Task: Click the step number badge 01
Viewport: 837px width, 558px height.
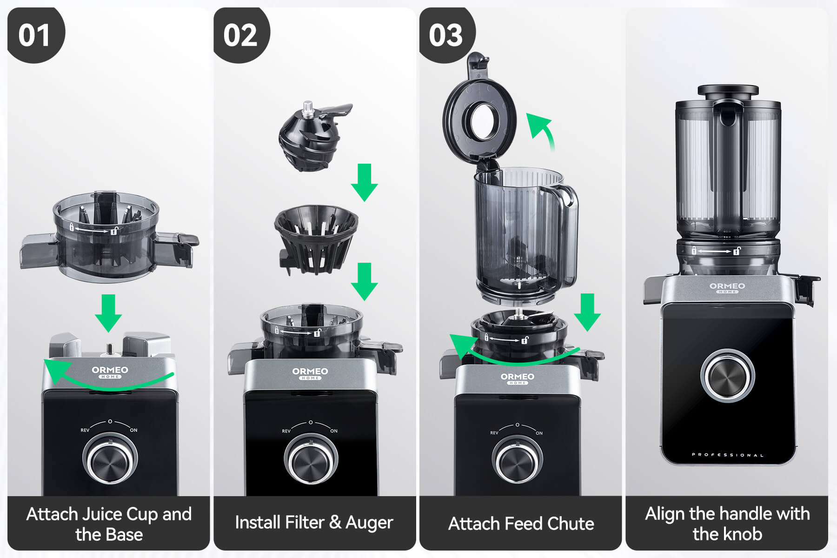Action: (x=35, y=35)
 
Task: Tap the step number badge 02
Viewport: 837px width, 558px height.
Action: (x=241, y=35)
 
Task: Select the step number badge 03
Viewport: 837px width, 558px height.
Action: (x=447, y=35)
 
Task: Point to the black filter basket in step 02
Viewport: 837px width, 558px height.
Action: (x=316, y=239)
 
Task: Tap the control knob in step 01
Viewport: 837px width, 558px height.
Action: (x=110, y=459)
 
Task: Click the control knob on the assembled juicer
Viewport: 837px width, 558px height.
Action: (x=727, y=376)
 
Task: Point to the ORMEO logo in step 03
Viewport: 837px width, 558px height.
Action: (x=518, y=378)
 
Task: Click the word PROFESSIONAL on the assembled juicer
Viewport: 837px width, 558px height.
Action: (x=727, y=455)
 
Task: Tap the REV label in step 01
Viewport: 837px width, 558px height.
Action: (x=85, y=430)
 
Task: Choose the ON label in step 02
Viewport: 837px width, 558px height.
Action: (x=334, y=431)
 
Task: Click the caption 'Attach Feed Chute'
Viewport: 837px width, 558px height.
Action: (x=521, y=524)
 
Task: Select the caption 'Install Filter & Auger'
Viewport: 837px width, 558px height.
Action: (x=314, y=523)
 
